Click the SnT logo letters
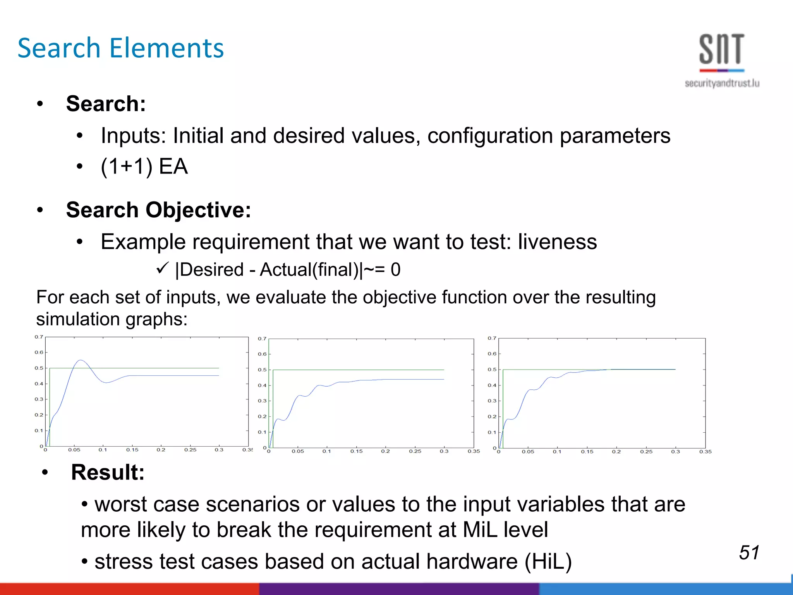click(721, 49)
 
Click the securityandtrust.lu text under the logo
click(722, 83)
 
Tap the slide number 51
click(749, 552)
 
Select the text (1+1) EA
click(144, 167)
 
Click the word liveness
click(557, 242)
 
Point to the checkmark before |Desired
click(162, 268)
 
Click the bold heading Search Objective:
click(158, 210)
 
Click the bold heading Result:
click(108, 472)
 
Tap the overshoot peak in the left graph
click(80, 360)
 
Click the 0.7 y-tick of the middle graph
click(262, 339)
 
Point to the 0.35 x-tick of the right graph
click(705, 452)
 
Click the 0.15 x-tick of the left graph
click(132, 450)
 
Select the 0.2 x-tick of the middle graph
click(385, 451)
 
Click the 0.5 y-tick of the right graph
click(492, 370)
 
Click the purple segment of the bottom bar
click(399, 589)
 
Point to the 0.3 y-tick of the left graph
click(39, 399)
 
